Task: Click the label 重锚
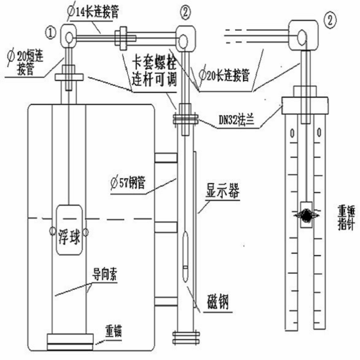click(113, 329)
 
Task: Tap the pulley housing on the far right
click(304, 33)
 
